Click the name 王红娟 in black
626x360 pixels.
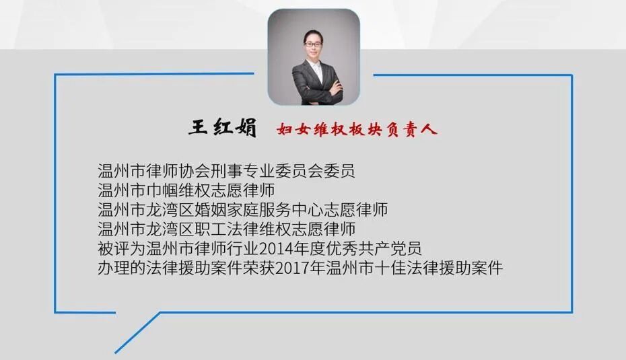[223, 128]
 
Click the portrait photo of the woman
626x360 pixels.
[314, 57]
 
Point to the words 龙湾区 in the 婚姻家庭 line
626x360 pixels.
[170, 209]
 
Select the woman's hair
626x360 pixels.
[314, 30]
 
